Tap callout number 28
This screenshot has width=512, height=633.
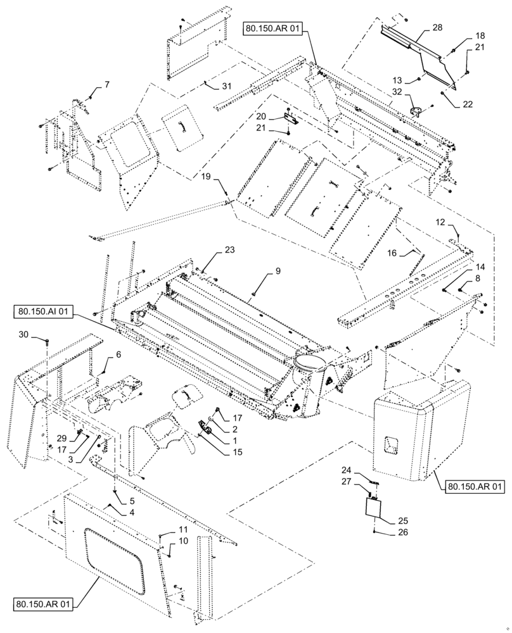tap(438, 27)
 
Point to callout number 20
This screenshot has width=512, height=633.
tap(279, 116)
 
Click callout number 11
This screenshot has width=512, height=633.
tap(182, 529)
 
